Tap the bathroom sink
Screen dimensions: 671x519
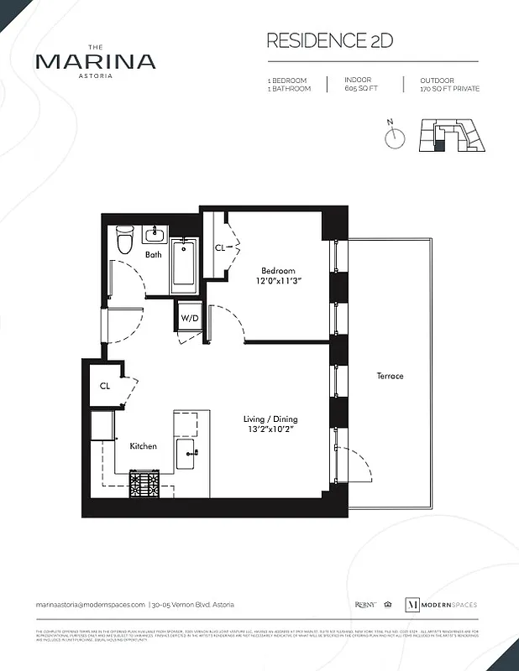(x=155, y=234)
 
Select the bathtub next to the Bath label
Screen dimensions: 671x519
(x=184, y=265)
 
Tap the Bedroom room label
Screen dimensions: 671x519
(x=278, y=271)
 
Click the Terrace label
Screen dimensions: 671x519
(x=390, y=376)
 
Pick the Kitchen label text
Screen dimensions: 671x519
(x=143, y=446)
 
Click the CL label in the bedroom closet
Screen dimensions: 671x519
(x=220, y=248)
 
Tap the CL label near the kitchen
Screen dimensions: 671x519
(x=105, y=387)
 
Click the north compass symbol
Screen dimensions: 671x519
(x=395, y=138)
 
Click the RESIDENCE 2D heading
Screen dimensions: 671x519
(x=329, y=40)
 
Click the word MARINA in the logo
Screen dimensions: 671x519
(x=95, y=61)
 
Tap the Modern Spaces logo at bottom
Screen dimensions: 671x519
(x=442, y=605)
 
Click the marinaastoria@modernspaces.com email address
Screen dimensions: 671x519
(x=91, y=605)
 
